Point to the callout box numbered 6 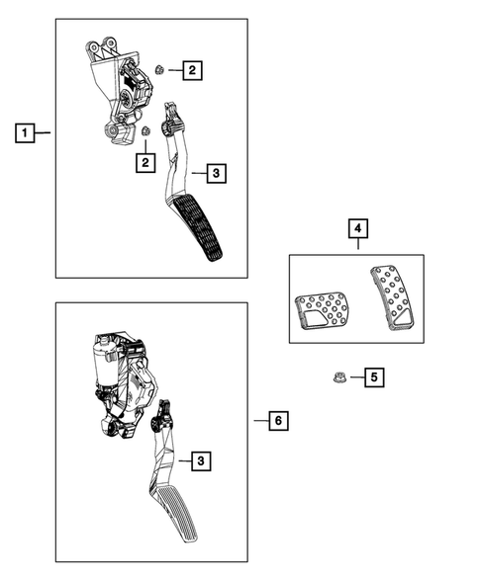coord(279,422)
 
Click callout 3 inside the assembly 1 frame coord(217,174)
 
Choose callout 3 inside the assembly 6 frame coord(201,460)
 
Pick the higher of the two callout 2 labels coord(191,69)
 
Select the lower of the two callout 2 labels coord(145,161)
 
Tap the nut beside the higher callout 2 coord(159,68)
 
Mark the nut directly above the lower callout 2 coord(145,131)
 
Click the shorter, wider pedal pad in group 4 coord(320,311)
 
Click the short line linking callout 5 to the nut coord(353,376)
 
